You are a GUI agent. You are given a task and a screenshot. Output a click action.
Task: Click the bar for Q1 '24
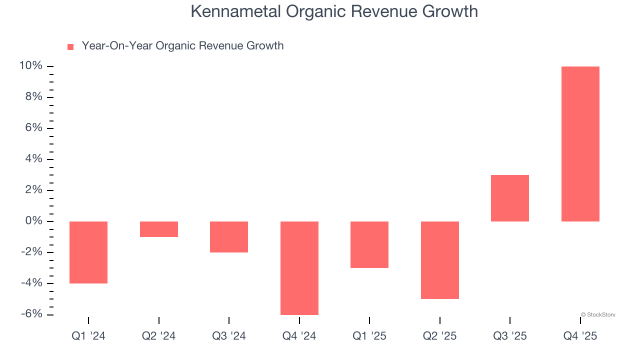coord(88,252)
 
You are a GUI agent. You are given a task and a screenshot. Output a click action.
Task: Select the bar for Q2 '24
coord(158,229)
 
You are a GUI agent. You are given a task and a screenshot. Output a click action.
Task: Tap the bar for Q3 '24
coord(229,237)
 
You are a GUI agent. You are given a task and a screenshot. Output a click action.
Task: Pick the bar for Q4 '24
coord(299,268)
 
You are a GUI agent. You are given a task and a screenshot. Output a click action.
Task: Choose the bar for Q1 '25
coord(369,244)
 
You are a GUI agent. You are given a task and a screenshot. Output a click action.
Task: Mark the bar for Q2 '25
coord(439,260)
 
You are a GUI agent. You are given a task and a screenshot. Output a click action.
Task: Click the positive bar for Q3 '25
coord(510,198)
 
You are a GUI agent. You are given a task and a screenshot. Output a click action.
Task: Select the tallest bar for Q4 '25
coord(580,144)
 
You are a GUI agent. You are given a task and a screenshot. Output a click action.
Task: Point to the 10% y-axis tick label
coord(30,66)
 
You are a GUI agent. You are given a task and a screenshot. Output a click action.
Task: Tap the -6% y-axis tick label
coord(31,314)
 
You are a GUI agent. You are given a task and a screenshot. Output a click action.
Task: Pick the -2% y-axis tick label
coord(31,252)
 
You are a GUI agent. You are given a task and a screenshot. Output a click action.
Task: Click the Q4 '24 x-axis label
coord(299,336)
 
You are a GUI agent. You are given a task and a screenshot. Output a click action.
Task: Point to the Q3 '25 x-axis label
coord(510,336)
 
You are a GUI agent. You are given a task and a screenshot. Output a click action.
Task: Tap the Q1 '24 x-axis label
coord(88,336)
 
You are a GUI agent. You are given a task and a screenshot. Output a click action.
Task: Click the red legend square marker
coord(70,47)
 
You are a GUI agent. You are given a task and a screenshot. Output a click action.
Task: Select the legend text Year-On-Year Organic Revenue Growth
coord(182,46)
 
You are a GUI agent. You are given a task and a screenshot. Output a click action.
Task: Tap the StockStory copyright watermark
coord(598,315)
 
